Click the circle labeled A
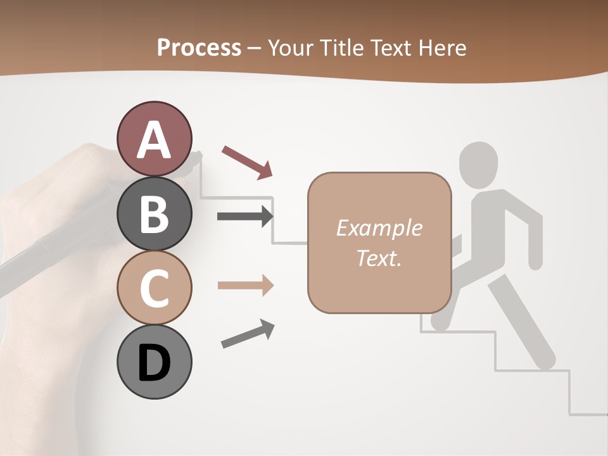coord(154,139)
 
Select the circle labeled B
coord(154,213)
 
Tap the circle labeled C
coord(154,288)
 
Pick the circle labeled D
coord(154,362)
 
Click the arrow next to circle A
coord(247,161)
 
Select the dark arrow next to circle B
coord(245,217)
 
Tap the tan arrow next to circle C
coord(245,286)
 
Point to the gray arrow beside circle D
coord(248,334)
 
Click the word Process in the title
coord(199,47)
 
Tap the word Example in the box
coord(379,228)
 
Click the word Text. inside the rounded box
coord(379,258)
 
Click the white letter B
coord(154,213)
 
